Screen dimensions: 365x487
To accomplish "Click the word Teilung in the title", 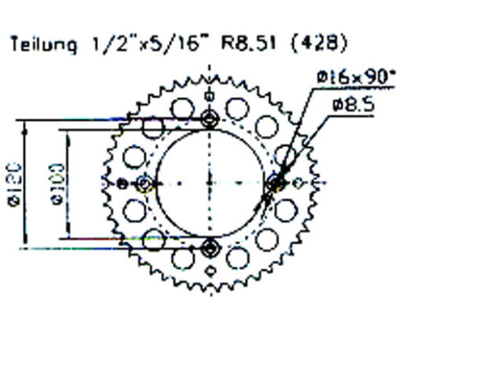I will pos(43,44).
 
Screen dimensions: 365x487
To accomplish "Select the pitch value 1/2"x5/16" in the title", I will pos(147,43).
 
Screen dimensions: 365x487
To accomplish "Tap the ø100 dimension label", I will pos(57,185).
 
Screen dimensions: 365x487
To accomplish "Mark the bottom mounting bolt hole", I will pos(210,248).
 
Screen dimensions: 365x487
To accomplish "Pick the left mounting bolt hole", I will pos(145,184).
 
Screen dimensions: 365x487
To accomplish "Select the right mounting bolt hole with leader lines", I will pos(276,183).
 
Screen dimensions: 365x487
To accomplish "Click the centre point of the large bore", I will pos(210,183).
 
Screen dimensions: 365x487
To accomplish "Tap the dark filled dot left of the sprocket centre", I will pos(123,184).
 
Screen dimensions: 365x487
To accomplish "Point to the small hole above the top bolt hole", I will pos(210,96).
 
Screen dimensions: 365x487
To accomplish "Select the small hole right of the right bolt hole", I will pos(298,183).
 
